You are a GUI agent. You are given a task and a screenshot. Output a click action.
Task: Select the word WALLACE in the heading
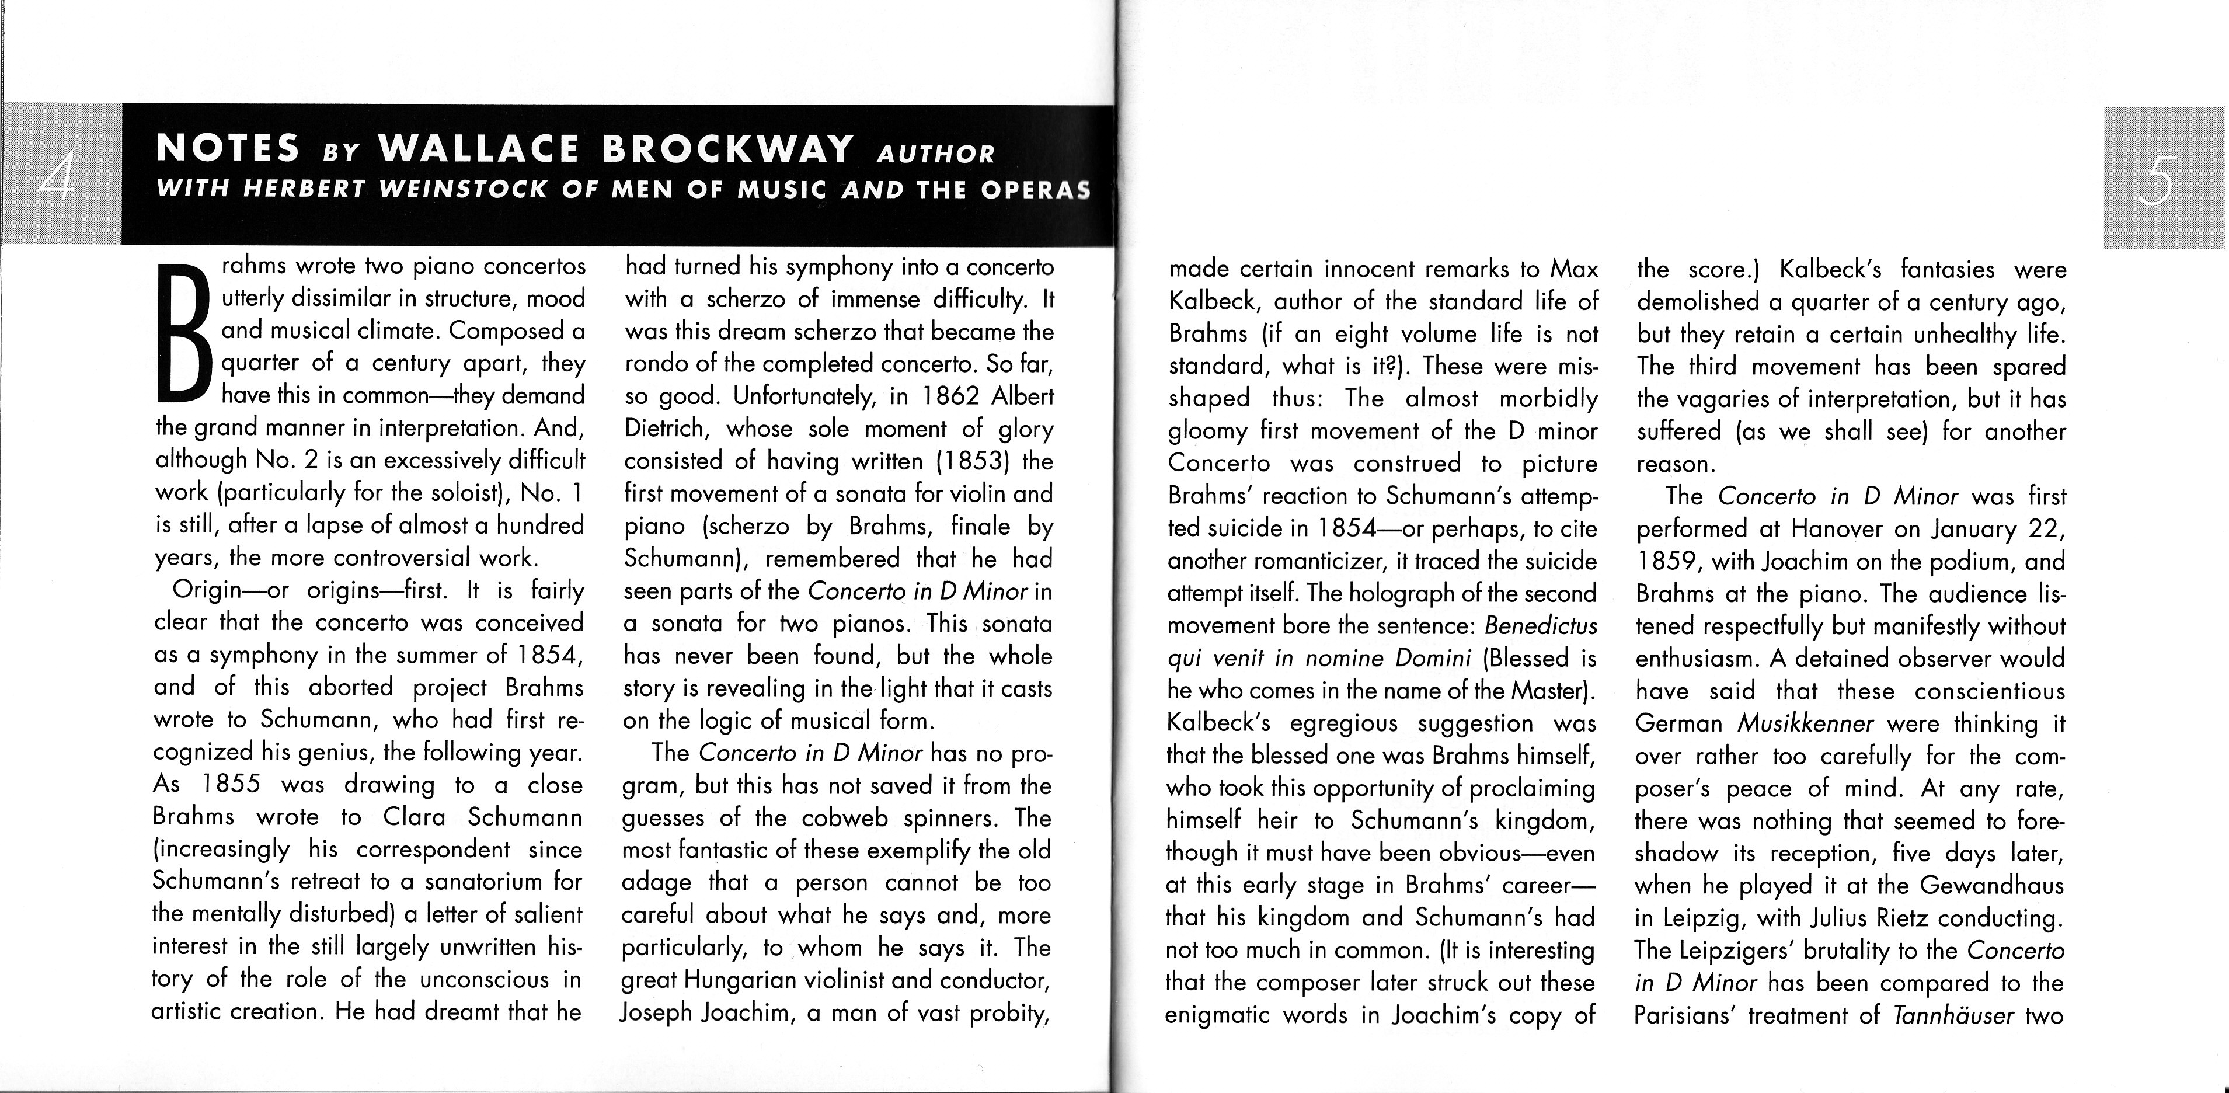479,149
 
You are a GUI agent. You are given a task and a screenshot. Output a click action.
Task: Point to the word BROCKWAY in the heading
727,149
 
